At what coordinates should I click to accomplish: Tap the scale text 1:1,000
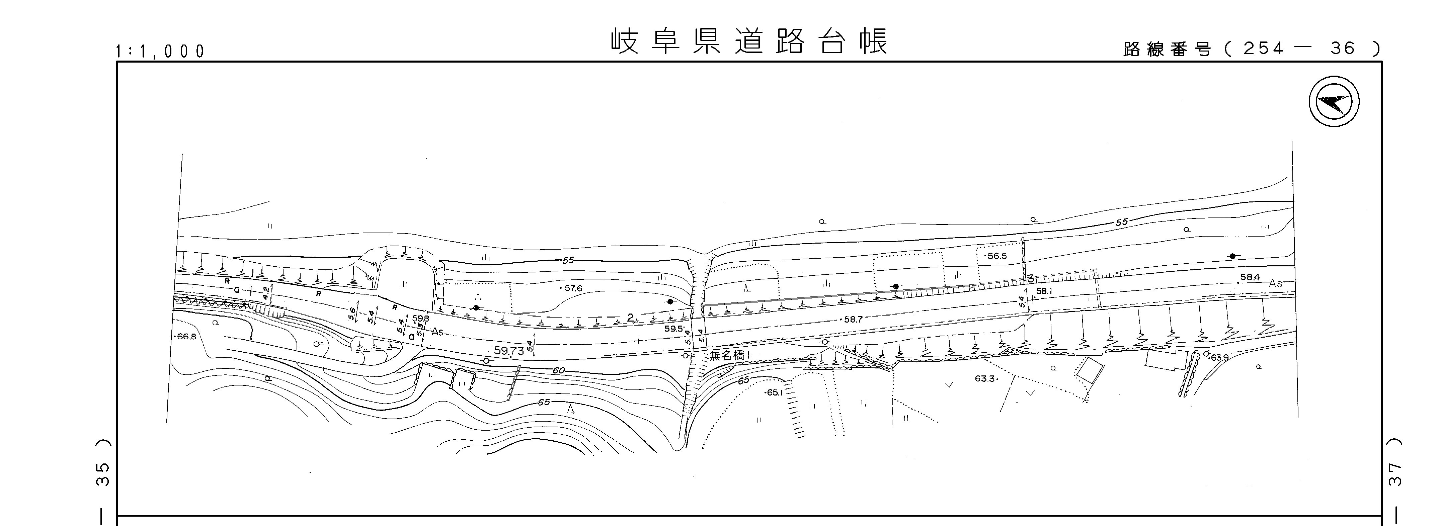click(160, 52)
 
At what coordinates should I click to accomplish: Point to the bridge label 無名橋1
click(729, 356)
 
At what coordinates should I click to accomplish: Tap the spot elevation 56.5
click(996, 256)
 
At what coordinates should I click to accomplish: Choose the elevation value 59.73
click(509, 351)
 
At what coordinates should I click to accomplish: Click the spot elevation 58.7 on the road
click(853, 320)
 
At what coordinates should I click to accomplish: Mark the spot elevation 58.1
click(1044, 291)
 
